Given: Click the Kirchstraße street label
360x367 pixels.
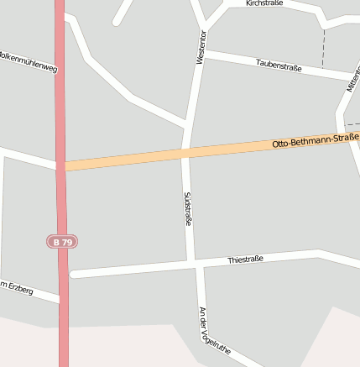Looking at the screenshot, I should [264, 3].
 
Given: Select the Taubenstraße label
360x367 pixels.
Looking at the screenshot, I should [279, 64].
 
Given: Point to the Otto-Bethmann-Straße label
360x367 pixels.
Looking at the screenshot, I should [316, 140].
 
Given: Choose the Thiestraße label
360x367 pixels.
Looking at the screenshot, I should [245, 260].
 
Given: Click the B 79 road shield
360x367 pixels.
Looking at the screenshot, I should [62, 242].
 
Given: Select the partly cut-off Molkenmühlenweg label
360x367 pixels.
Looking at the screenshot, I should [29, 62].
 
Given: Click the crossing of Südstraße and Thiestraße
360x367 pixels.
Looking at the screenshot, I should [195, 265].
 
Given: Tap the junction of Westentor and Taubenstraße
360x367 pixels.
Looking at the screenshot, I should [203, 53].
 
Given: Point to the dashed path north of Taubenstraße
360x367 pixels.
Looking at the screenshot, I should [323, 46].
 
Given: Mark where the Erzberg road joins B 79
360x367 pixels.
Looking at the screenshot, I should [61, 298].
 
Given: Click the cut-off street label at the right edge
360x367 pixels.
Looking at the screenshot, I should [352, 81].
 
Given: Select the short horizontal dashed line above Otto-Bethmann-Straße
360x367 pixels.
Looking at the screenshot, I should [352, 124].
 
